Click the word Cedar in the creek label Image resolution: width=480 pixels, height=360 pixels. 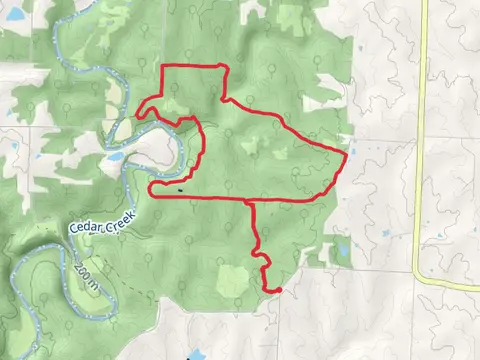(x=86, y=225)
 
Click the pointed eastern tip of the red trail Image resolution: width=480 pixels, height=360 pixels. (x=347, y=157)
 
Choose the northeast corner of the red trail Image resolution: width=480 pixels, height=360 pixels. (x=228, y=68)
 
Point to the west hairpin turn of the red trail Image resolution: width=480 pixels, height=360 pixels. (x=150, y=186)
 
